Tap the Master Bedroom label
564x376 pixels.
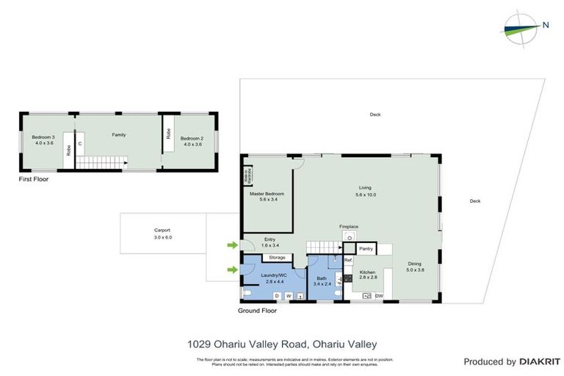click(x=267, y=193)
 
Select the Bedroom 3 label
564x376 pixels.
click(x=43, y=137)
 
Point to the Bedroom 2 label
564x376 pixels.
click(x=192, y=138)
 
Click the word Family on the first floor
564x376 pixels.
click(x=118, y=134)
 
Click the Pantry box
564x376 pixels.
click(x=366, y=249)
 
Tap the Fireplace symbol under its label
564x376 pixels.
click(x=350, y=237)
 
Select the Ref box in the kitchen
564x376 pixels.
click(x=348, y=260)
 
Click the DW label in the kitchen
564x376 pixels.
click(x=379, y=296)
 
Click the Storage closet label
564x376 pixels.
click(x=277, y=258)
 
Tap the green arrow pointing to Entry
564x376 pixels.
click(x=232, y=245)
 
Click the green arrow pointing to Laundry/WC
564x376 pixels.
click(x=232, y=270)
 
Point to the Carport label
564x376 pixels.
click(x=162, y=230)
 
